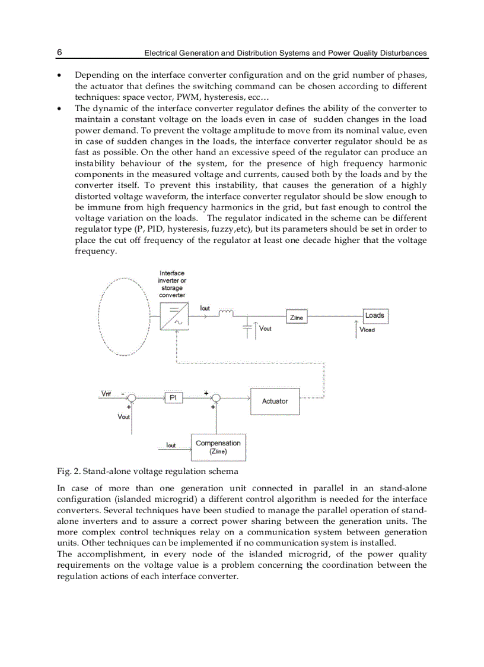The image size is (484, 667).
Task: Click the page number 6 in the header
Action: click(59, 53)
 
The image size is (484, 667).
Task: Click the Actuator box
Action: click(275, 402)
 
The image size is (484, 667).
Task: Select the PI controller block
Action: click(174, 398)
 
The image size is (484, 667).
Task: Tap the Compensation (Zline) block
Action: click(218, 447)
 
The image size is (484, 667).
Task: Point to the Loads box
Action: click(375, 315)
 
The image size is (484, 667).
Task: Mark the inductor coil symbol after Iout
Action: click(227, 313)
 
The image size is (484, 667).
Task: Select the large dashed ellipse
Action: click(124, 317)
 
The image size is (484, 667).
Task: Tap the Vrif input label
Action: click(107, 394)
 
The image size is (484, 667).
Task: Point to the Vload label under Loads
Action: click(368, 330)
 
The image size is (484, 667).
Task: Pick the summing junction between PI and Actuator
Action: click(216, 398)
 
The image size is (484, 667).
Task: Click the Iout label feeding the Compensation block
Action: click(170, 445)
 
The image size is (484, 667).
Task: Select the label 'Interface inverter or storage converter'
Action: click(172, 284)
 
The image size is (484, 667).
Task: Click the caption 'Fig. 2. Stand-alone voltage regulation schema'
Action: click(148, 471)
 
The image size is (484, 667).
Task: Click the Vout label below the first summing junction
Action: click(123, 417)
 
